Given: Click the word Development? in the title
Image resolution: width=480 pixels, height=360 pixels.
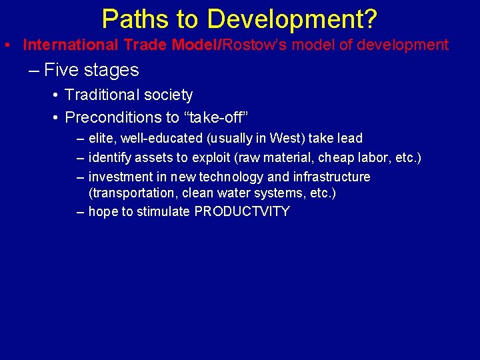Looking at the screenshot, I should (292, 19).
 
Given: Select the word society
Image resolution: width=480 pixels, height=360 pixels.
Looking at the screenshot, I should (167, 95).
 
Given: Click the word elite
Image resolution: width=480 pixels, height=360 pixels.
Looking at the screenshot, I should (102, 138).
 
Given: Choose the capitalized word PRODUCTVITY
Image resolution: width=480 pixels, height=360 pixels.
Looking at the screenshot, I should (242, 212).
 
